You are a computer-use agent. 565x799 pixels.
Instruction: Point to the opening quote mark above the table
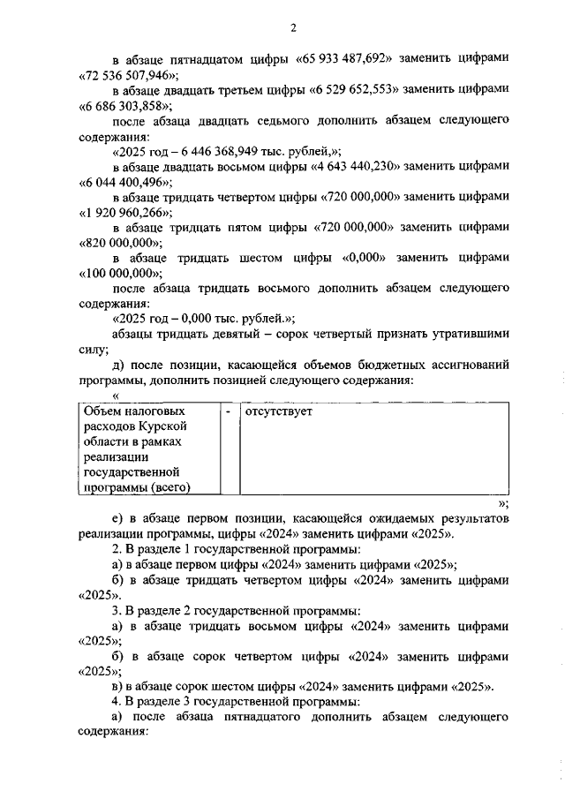[x=116, y=396]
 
